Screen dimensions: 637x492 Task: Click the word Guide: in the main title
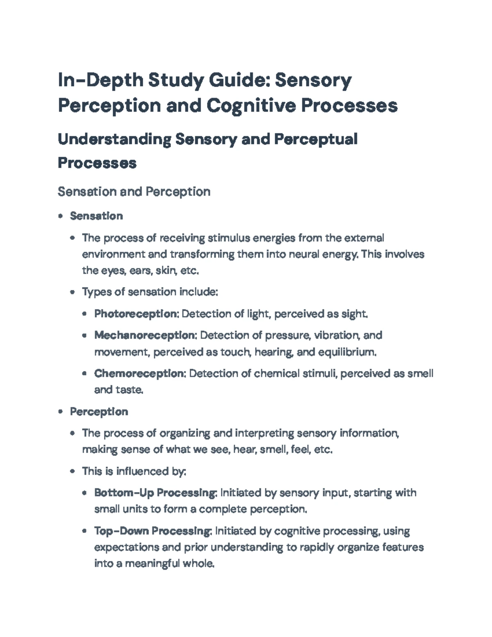pyautogui.click(x=239, y=80)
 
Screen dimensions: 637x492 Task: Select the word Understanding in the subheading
pyautogui.click(x=114, y=139)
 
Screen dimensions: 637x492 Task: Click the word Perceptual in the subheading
pyautogui.click(x=315, y=139)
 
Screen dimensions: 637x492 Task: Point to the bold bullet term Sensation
pyautogui.click(x=96, y=216)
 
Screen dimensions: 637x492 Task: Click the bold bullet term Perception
pyautogui.click(x=99, y=411)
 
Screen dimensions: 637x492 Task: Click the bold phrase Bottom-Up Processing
pyautogui.click(x=155, y=493)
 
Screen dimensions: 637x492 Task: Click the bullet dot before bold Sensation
pyautogui.click(x=61, y=216)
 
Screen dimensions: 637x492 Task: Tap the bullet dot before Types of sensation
pyautogui.click(x=73, y=292)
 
